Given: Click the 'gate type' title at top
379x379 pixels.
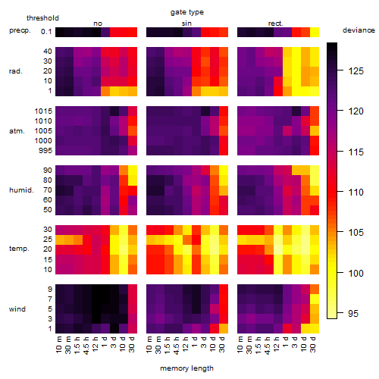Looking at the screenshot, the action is (x=187, y=12).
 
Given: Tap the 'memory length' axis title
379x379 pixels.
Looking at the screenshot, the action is (x=186, y=368).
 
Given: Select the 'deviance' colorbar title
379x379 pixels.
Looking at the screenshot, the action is (x=359, y=30).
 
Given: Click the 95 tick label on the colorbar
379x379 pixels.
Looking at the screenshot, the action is (x=353, y=314).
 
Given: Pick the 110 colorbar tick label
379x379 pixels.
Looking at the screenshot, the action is (x=356, y=193).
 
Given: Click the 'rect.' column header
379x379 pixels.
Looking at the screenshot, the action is (x=276, y=23).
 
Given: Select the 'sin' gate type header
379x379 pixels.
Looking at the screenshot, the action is (x=186, y=23).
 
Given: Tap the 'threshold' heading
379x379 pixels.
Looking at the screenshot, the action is (x=42, y=18).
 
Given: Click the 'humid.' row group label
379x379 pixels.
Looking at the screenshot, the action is (x=21, y=190).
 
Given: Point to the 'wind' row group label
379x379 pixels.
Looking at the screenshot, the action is (x=17, y=309).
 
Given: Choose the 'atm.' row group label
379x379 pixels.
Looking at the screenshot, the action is (x=17, y=131).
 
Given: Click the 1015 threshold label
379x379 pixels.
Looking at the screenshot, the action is (x=43, y=111).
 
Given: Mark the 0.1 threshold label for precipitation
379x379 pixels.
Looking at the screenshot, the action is (x=46, y=32).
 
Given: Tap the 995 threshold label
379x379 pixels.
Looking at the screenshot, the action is (x=45, y=151).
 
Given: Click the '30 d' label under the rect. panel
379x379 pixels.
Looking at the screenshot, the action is (x=313, y=344).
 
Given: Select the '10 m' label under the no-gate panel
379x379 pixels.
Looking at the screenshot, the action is (x=58, y=344).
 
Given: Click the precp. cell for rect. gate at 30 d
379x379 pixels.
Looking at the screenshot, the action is (x=315, y=32).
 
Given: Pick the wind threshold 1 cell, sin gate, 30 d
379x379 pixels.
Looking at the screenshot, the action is (x=224, y=328).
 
